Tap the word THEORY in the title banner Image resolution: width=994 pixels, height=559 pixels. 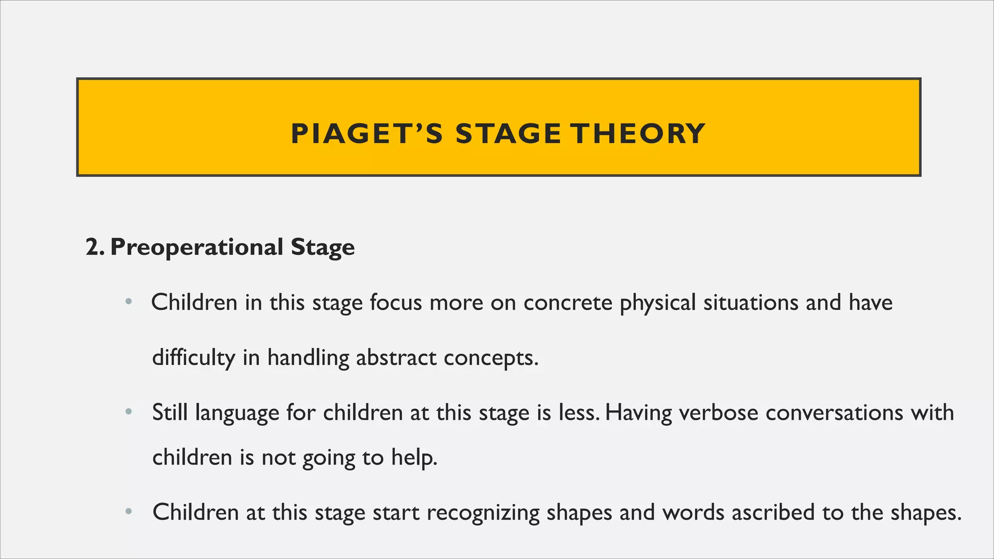(637, 134)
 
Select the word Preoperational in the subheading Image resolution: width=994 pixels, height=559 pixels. (197, 247)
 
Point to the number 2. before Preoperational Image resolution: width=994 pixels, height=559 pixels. (95, 247)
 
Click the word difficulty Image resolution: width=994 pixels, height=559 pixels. (194, 359)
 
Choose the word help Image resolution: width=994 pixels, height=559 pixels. (414, 458)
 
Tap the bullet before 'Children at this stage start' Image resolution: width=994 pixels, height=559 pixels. (128, 512)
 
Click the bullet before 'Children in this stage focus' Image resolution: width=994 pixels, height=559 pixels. (128, 302)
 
